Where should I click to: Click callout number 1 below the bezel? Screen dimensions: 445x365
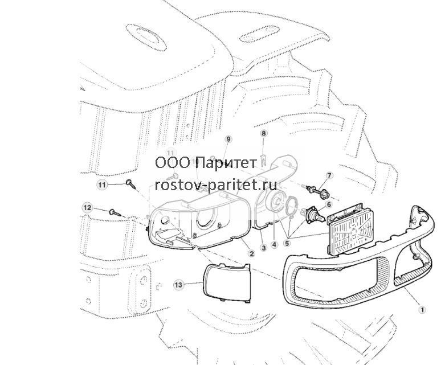coord(422,310)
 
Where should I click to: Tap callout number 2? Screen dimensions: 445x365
coord(251,253)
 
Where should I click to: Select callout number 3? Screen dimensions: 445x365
coord(264,248)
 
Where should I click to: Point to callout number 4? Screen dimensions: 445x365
coord(274,244)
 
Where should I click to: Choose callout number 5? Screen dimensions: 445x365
coord(287,243)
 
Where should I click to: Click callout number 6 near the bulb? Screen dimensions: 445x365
coord(329,204)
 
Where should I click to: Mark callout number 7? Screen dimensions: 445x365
coord(329,175)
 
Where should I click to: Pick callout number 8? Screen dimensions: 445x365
coord(264,133)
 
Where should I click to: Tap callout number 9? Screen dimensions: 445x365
coord(228,139)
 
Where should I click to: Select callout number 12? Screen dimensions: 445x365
coord(87,208)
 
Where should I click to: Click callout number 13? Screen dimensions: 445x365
coord(178,285)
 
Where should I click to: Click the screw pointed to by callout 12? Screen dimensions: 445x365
coord(115,213)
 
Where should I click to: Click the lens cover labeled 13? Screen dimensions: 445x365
coord(227,283)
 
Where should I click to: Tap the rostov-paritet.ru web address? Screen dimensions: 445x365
coord(216,185)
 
